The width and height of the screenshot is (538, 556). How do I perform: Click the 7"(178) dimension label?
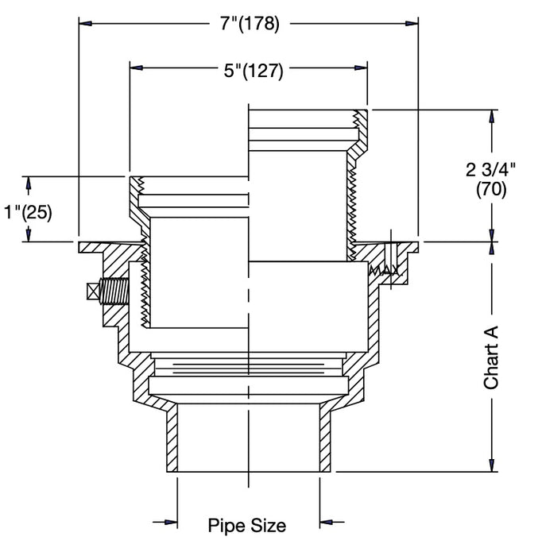(250, 24)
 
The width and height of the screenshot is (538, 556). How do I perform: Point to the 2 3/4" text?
(490, 169)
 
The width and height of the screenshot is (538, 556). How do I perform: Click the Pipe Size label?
(246, 525)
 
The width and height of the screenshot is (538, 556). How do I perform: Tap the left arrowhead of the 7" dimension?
(86, 24)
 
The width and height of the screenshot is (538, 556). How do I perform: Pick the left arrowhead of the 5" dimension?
(137, 70)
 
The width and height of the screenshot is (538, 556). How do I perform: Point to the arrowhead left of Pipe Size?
(170, 523)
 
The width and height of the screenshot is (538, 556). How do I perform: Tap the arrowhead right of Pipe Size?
(325, 523)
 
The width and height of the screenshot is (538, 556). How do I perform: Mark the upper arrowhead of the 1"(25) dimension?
(29, 183)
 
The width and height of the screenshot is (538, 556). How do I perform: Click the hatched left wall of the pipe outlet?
(172, 441)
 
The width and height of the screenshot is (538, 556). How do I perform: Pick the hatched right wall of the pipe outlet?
(325, 441)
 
